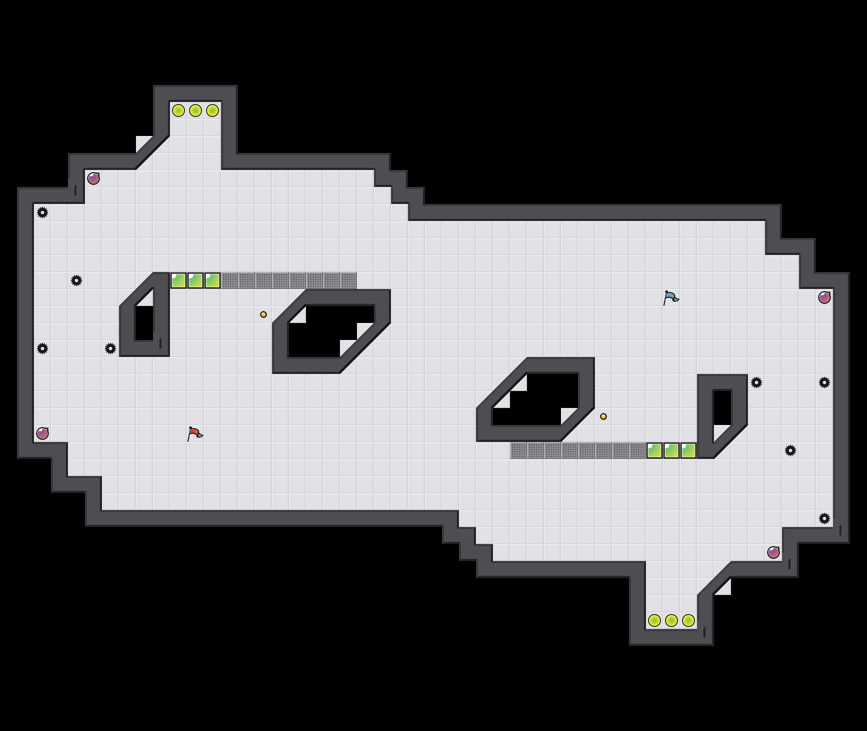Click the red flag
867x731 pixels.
tap(195, 433)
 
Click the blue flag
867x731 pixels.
tap(671, 297)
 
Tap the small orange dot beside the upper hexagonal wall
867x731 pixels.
tap(263, 314)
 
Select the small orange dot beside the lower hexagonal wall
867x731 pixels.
tap(603, 416)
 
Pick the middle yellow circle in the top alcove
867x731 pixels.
tap(195, 110)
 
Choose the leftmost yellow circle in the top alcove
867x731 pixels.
tap(178, 110)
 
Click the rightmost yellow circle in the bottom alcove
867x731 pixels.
tap(688, 620)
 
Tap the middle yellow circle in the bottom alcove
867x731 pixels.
tap(671, 620)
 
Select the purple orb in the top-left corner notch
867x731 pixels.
tap(93, 178)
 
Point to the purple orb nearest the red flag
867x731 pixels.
tap(42, 433)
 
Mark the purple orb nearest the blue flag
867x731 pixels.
tap(824, 297)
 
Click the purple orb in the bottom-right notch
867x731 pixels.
tap(773, 552)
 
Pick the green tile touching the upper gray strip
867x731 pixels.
tap(212, 280)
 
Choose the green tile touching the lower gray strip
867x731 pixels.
tap(654, 450)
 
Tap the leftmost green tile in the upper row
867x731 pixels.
tap(178, 280)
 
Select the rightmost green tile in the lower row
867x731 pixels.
tap(688, 450)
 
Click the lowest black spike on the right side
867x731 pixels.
tap(824, 518)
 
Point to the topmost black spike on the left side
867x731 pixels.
tap(42, 212)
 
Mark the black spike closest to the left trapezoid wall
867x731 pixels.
tap(110, 348)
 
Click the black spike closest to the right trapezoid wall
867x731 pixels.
tap(756, 382)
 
